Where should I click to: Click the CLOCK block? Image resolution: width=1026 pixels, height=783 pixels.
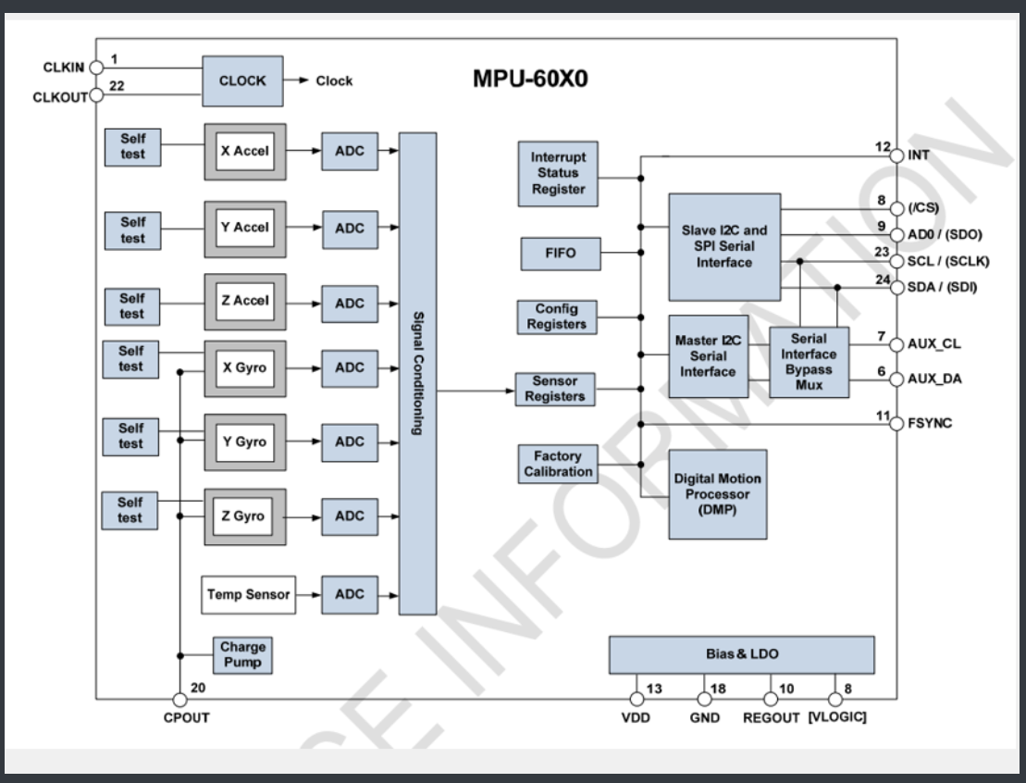(242, 81)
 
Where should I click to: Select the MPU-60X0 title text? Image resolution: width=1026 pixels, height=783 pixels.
(530, 80)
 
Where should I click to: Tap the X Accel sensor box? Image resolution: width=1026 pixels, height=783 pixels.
(244, 152)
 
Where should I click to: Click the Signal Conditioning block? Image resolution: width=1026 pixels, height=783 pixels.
(417, 373)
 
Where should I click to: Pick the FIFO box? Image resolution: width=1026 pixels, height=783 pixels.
(560, 254)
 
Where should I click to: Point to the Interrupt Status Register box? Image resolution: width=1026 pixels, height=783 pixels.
(558, 173)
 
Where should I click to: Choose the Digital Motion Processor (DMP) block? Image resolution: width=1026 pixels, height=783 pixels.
(717, 494)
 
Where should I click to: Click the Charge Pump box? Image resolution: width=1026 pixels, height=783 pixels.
(242, 655)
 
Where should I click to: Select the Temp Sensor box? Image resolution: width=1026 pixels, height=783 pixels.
(248, 594)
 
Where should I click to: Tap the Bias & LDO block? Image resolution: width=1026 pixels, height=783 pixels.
(741, 654)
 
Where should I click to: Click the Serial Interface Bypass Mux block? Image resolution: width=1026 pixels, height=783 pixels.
(809, 362)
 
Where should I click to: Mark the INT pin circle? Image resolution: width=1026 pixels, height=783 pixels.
(896, 155)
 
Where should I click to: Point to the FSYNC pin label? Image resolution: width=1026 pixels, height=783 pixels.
(930, 424)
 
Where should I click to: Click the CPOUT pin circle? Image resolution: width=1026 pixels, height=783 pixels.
(179, 701)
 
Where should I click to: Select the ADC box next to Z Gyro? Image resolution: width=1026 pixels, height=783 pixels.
(350, 516)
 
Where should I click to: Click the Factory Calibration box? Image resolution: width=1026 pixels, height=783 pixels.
(558, 464)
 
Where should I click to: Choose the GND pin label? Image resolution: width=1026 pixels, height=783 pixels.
(704, 718)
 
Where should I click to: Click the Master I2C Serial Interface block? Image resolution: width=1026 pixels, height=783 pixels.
(708, 356)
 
